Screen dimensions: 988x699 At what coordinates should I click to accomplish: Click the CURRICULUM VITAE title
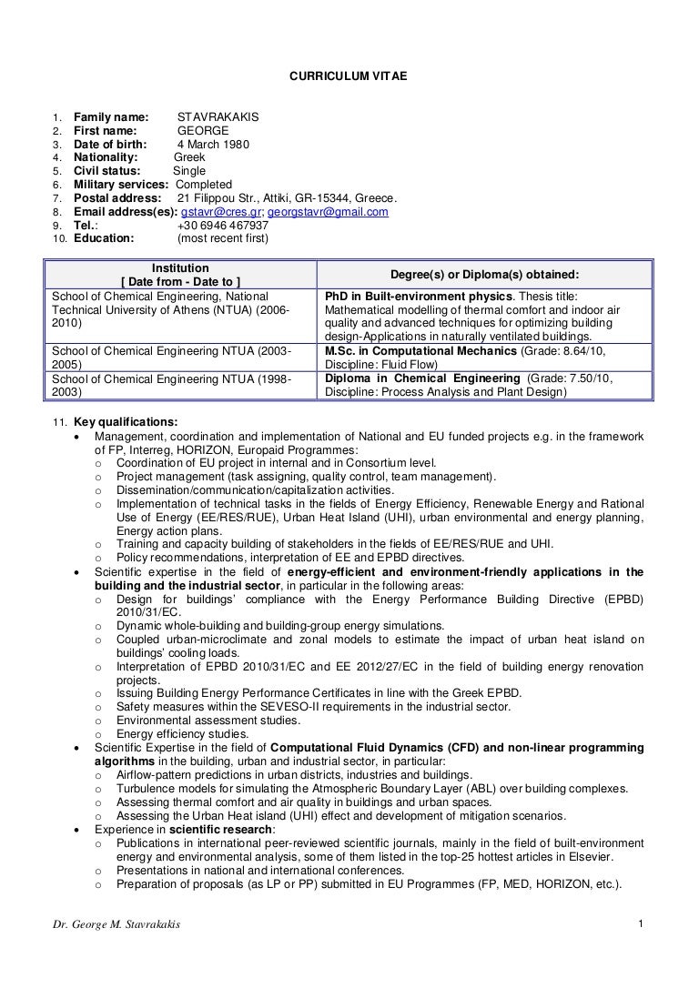coord(349,78)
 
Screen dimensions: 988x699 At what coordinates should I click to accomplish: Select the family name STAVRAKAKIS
coord(218,116)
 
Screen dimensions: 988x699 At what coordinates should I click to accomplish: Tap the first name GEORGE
coord(203,130)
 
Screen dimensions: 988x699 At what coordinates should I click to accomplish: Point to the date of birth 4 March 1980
coord(213,144)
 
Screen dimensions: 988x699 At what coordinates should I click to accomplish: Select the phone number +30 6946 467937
coord(223,226)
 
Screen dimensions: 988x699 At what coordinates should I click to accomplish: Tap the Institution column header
coord(180,268)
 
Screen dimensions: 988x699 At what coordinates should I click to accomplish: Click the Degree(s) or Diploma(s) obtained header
coord(484,275)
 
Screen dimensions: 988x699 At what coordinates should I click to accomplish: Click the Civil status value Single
coord(189,171)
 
